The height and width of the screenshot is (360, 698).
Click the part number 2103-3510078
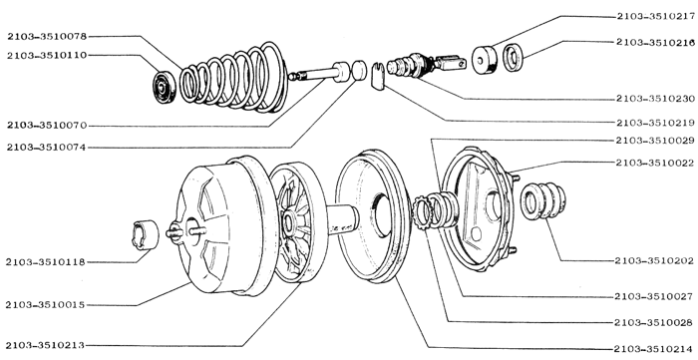pyautogui.click(x=47, y=37)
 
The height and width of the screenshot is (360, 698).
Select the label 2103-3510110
pyautogui.click(x=47, y=56)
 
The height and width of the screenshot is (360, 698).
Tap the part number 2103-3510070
pyautogui.click(x=47, y=126)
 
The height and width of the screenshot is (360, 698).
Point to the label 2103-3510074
pyautogui.click(x=46, y=148)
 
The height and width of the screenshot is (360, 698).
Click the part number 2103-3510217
pyautogui.click(x=656, y=17)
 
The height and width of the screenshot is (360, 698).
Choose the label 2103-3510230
pyautogui.click(x=656, y=99)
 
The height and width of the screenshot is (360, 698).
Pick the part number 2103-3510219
pyautogui.click(x=656, y=123)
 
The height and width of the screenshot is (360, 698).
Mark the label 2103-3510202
pyautogui.click(x=654, y=260)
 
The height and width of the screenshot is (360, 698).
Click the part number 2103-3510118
pyautogui.click(x=46, y=262)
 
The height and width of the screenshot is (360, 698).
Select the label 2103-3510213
pyautogui.click(x=46, y=345)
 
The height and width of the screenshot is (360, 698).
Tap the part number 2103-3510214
pyautogui.click(x=653, y=349)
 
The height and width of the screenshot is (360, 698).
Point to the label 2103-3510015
pyautogui.click(x=46, y=305)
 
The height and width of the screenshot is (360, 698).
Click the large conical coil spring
pyautogui.click(x=234, y=78)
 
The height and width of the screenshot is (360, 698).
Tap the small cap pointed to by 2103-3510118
pyautogui.click(x=146, y=234)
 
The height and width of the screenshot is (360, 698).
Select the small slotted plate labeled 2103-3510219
pyautogui.click(x=378, y=76)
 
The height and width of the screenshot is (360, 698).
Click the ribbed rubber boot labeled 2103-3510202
pyautogui.click(x=543, y=200)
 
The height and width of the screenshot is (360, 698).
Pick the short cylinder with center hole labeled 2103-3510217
pyautogui.click(x=485, y=60)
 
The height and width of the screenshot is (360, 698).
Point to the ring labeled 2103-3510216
pyautogui.click(x=514, y=57)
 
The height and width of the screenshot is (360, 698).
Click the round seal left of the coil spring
pyautogui.click(x=166, y=87)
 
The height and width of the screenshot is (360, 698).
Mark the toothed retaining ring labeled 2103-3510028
pyautogui.click(x=422, y=212)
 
